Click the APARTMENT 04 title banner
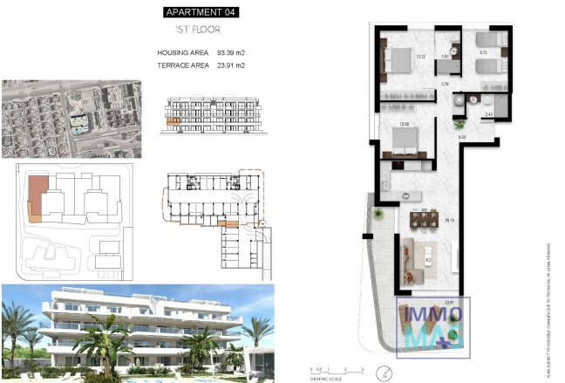click(x=201, y=12)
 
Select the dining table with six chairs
click(x=424, y=218)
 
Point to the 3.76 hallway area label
click(x=446, y=85)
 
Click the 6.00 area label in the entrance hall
click(x=463, y=137)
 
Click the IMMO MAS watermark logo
click(x=433, y=326)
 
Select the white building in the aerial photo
click(x=79, y=122)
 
